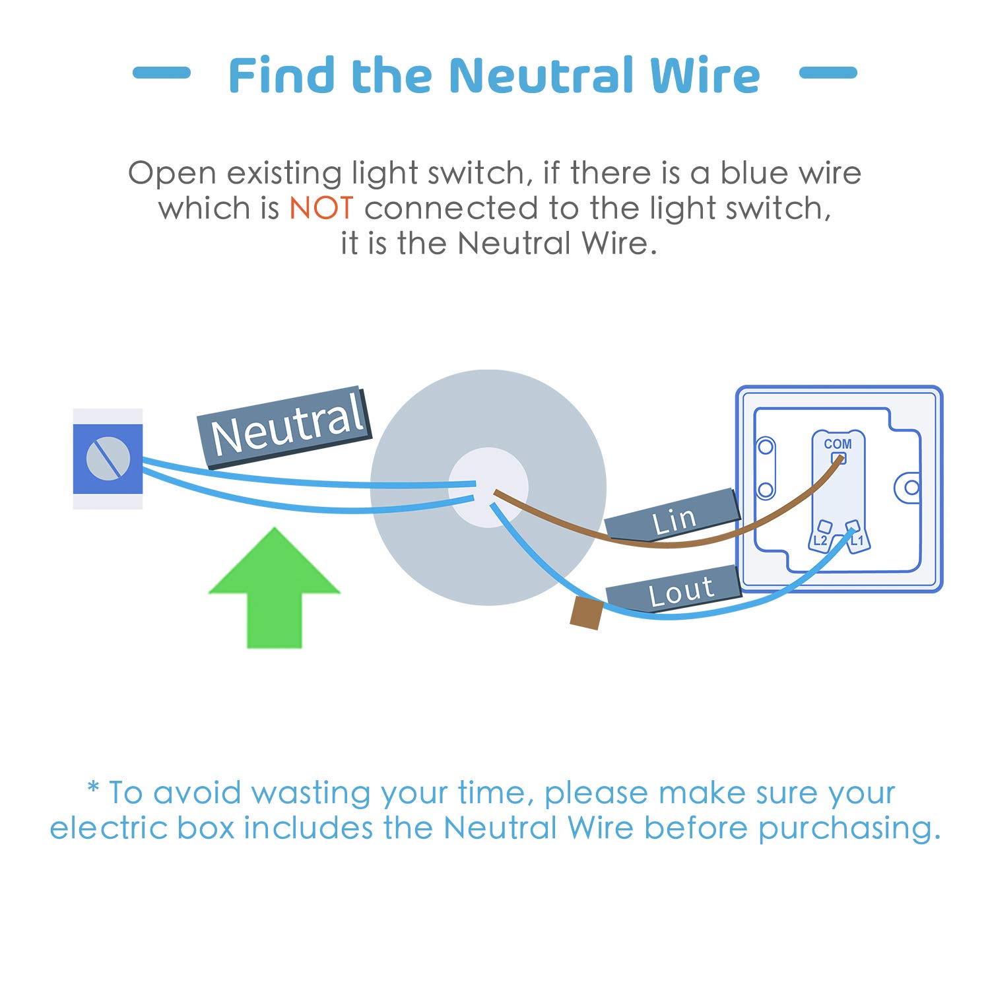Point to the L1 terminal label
pos(857,541)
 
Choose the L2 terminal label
pos(820,541)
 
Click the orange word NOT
pos(321,209)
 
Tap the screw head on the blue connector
pos(108,458)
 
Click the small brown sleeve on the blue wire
pos(586,612)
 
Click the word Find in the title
pos(282,75)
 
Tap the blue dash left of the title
pos(162,73)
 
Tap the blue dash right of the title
pos(828,73)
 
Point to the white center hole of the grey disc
pos(488,487)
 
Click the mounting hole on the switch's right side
pos(911,488)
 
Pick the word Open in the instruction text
pos(172,174)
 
